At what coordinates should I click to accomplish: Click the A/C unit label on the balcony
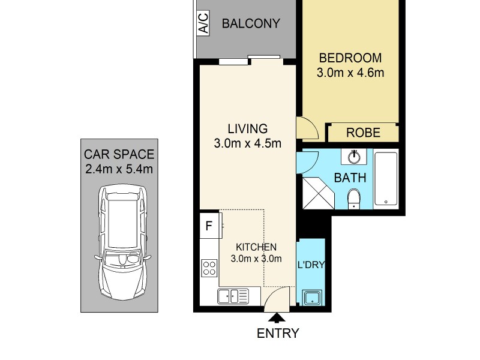[x=203, y=25]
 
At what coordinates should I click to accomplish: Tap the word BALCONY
[x=251, y=24]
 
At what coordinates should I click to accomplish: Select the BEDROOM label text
[x=350, y=58]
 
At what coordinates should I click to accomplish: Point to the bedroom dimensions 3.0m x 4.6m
[x=350, y=73]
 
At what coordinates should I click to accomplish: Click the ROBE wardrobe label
[x=364, y=133]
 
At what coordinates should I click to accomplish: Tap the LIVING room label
[x=247, y=128]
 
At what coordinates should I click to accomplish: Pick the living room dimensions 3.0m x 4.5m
[x=247, y=143]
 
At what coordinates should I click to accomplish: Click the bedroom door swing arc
[x=305, y=127]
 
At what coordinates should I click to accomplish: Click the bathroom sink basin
[x=354, y=157]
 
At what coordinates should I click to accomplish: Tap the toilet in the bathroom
[x=354, y=199]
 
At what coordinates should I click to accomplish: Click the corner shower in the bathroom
[x=317, y=191]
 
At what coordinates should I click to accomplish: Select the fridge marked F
[x=209, y=226]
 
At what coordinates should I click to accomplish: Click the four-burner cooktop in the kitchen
[x=209, y=268]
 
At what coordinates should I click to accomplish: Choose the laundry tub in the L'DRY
[x=312, y=297]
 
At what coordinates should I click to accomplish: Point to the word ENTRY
[x=278, y=334]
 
